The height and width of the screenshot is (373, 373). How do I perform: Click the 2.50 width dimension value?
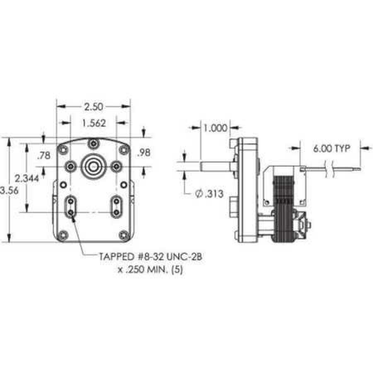[x=93, y=107]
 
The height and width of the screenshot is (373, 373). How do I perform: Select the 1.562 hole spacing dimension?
[x=93, y=123]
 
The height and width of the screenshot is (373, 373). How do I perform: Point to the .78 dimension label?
[x=44, y=156]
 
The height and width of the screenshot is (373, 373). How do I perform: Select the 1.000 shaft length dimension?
[x=215, y=128]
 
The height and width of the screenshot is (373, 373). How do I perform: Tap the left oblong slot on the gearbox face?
[x=71, y=206]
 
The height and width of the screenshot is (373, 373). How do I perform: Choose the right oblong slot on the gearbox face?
[x=116, y=206]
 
